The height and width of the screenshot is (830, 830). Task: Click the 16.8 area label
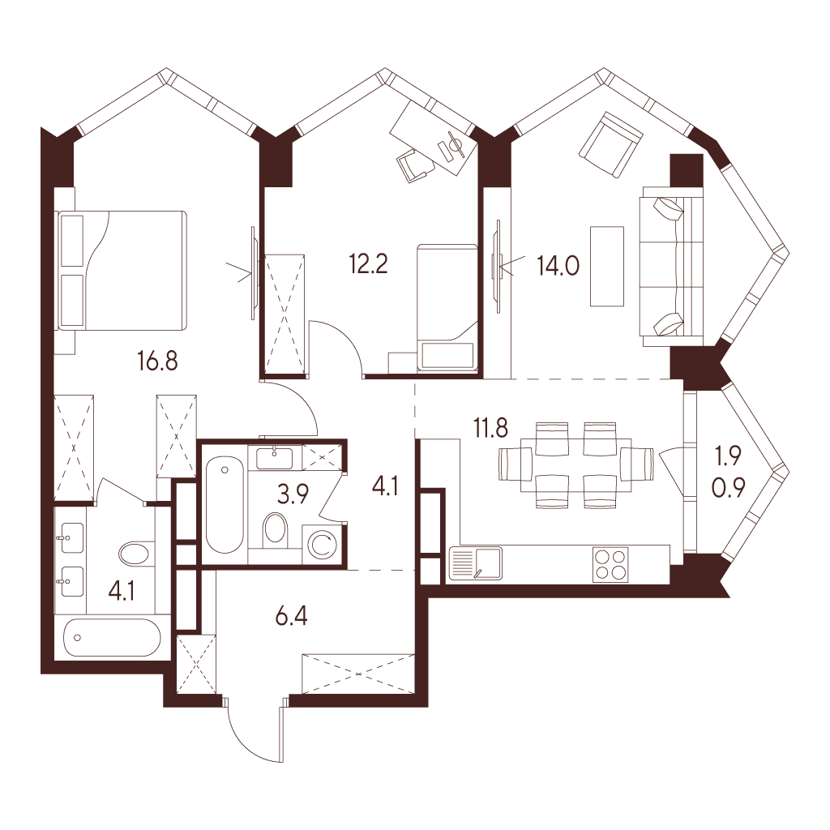(157, 362)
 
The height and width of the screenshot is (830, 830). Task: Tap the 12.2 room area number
(369, 263)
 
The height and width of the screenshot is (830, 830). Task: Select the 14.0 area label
(558, 266)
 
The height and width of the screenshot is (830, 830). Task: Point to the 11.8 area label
(491, 428)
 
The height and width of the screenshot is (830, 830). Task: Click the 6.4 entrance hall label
(292, 617)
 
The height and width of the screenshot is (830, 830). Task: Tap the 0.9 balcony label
(729, 487)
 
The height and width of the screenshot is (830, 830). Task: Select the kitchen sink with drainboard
(475, 564)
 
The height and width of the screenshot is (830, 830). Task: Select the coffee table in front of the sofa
(607, 266)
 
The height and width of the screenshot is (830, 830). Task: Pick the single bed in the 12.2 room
(447, 307)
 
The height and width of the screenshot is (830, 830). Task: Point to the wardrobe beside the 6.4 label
(357, 674)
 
